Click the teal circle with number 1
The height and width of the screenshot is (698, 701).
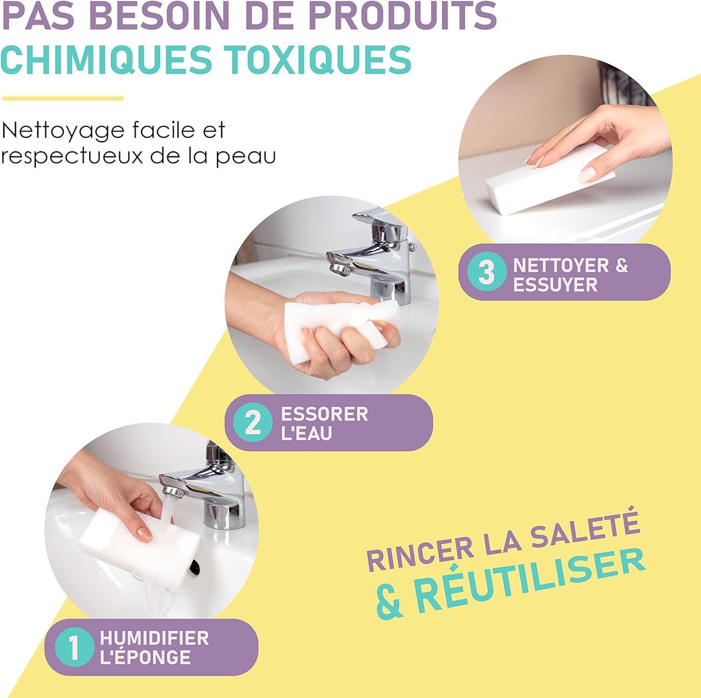[x=73, y=647]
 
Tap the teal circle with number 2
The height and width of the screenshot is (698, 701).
[x=252, y=422]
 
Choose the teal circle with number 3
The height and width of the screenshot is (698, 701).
[x=487, y=272]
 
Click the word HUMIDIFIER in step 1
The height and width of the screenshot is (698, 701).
[x=154, y=638]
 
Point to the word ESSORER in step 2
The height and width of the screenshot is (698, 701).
[x=325, y=414]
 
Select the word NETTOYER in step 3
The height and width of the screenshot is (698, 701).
[x=561, y=265]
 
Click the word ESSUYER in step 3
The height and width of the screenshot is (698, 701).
[x=555, y=285]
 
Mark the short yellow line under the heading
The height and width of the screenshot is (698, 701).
[x=63, y=98]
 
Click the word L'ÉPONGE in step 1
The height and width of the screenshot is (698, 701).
[x=145, y=657]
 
